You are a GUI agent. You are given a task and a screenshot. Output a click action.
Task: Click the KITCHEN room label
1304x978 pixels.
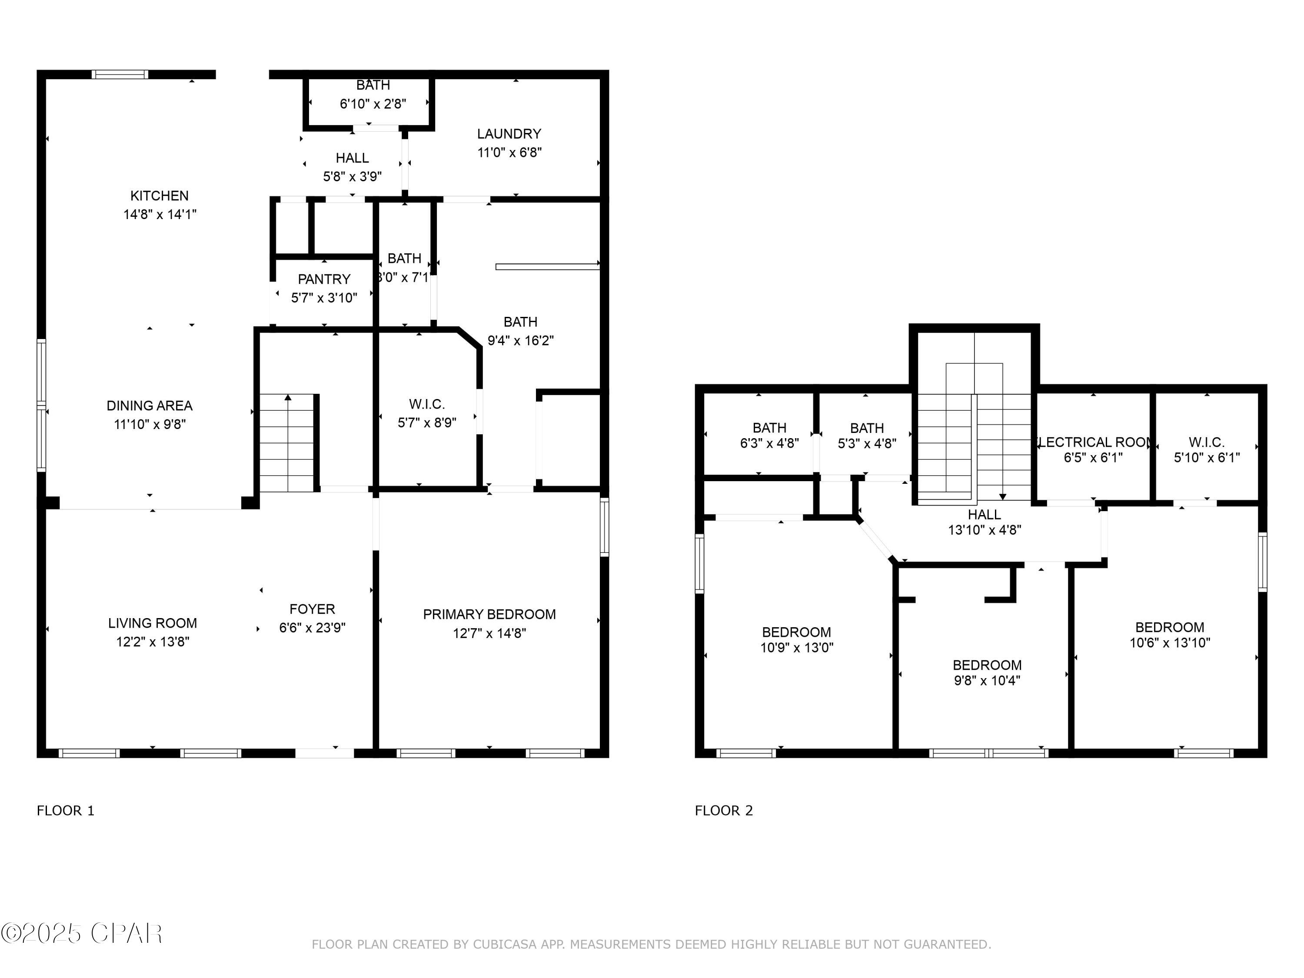159,196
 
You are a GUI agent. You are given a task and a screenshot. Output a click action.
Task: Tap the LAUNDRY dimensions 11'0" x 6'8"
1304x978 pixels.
509,153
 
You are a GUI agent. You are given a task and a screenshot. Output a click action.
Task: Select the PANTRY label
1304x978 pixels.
324,279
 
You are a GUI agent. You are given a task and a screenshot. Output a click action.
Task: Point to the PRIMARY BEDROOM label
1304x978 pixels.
489,614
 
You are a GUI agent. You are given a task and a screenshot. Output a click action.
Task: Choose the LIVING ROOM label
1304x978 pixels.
152,623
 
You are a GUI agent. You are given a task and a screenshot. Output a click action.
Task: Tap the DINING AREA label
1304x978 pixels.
149,406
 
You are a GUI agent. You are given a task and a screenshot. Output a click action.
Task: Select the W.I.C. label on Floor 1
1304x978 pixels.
427,404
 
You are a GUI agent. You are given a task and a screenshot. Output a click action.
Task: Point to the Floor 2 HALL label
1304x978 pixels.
984,515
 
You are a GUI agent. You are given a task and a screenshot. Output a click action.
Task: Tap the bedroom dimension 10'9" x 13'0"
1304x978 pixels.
796,647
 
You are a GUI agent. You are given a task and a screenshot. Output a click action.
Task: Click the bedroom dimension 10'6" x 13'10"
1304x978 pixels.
1170,642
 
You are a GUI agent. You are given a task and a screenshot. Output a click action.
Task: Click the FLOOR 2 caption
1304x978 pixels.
723,811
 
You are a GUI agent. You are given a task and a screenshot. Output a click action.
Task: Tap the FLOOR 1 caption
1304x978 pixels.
66,811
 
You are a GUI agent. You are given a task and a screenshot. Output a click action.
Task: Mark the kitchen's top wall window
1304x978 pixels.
120,74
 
